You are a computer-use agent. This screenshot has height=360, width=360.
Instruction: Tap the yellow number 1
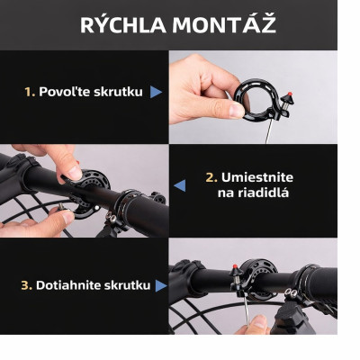pos(29,92)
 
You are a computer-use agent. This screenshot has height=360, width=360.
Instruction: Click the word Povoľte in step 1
pos(66,92)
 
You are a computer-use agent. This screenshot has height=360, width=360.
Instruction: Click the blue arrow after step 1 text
pos(157,92)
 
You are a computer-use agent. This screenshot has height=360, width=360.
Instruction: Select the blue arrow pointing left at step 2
pos(179,185)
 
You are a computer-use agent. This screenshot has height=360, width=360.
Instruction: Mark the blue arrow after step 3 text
pos(160,285)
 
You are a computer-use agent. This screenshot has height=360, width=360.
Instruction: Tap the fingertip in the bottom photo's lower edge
pos(258,323)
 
